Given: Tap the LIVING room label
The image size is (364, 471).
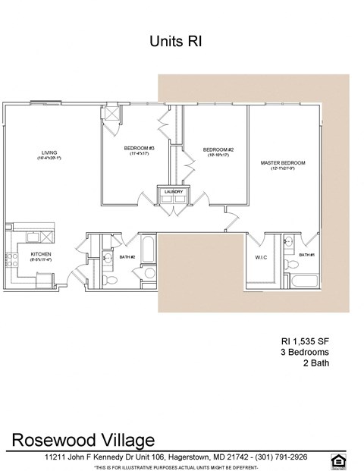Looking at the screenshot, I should (49, 153).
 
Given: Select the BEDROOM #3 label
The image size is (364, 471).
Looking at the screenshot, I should (140, 148).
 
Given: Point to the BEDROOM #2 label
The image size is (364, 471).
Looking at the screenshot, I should (218, 149).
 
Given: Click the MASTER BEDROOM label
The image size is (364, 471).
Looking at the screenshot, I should (282, 163).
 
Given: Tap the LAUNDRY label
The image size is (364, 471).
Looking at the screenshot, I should (174, 192).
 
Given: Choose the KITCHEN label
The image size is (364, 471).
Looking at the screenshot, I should (41, 254).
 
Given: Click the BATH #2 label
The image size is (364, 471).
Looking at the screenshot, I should (127, 257).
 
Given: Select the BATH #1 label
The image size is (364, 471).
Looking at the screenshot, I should (306, 255).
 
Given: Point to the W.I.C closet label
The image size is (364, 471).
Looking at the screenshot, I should (259, 258).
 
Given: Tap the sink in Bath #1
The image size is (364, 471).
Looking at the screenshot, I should (288, 242).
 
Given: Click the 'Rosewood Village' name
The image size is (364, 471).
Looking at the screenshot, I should (83, 440).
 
